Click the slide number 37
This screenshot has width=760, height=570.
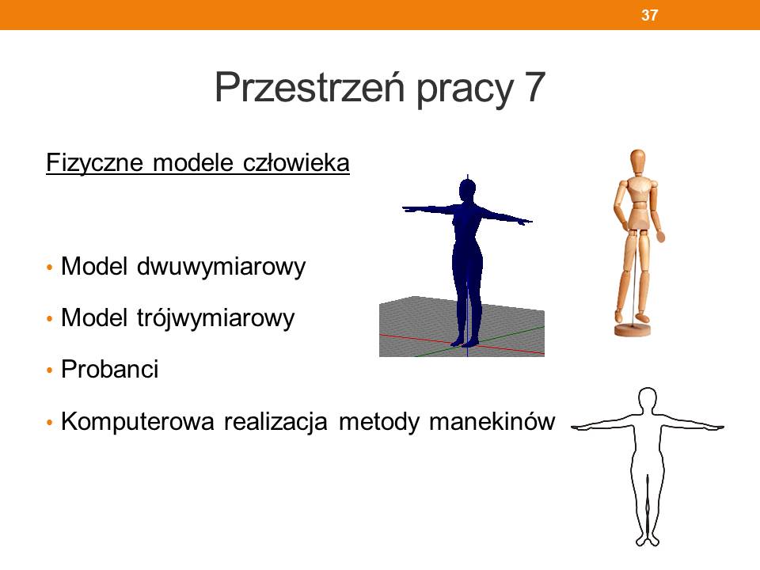click(x=649, y=15)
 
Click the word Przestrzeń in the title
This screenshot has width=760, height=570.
click(x=310, y=87)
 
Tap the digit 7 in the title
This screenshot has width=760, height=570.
click(x=535, y=87)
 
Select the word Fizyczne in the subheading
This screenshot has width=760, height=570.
click(x=94, y=162)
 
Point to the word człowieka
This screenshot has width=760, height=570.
click(x=295, y=162)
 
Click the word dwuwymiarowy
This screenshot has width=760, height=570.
click(x=221, y=266)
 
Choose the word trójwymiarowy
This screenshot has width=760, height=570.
click(x=215, y=318)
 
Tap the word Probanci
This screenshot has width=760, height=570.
click(x=110, y=370)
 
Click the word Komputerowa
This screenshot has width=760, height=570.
click(x=138, y=421)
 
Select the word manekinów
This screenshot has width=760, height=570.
click(x=492, y=420)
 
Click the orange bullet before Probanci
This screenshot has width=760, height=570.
click(x=49, y=370)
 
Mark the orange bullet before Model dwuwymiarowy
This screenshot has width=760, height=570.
click(x=49, y=267)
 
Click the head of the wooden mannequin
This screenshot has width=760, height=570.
click(x=637, y=161)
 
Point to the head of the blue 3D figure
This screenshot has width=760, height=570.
click(x=467, y=189)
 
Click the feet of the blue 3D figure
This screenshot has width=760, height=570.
click(x=465, y=343)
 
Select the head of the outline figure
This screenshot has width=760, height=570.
click(x=648, y=401)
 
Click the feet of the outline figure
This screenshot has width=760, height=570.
click(x=647, y=540)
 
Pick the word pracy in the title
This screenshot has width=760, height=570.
click(x=465, y=89)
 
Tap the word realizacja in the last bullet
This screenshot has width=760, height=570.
click(x=275, y=421)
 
